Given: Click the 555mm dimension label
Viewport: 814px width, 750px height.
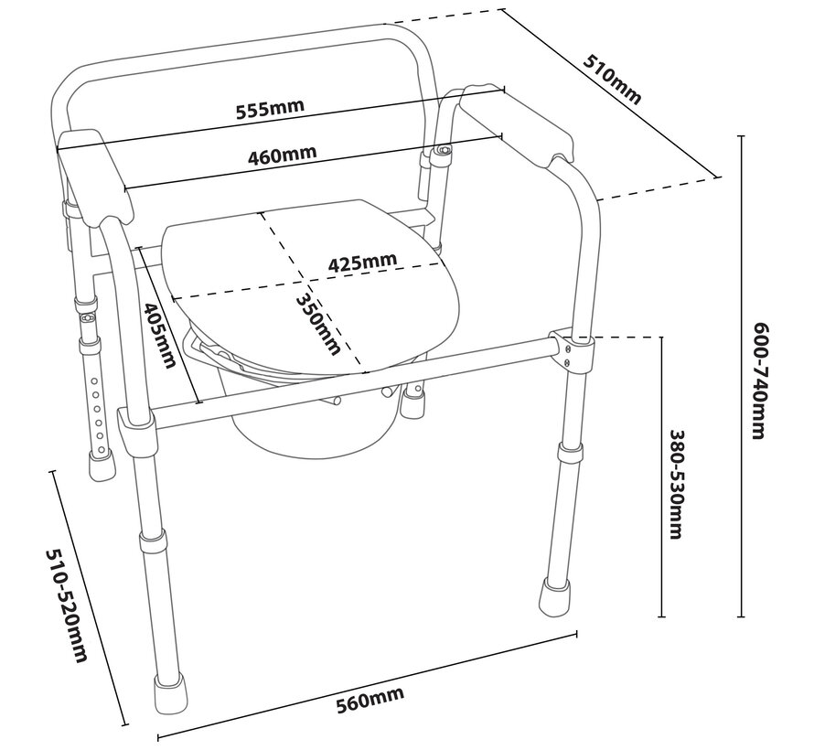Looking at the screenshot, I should tap(269, 108).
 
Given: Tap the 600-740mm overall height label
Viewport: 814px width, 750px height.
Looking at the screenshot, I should tap(757, 380).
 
